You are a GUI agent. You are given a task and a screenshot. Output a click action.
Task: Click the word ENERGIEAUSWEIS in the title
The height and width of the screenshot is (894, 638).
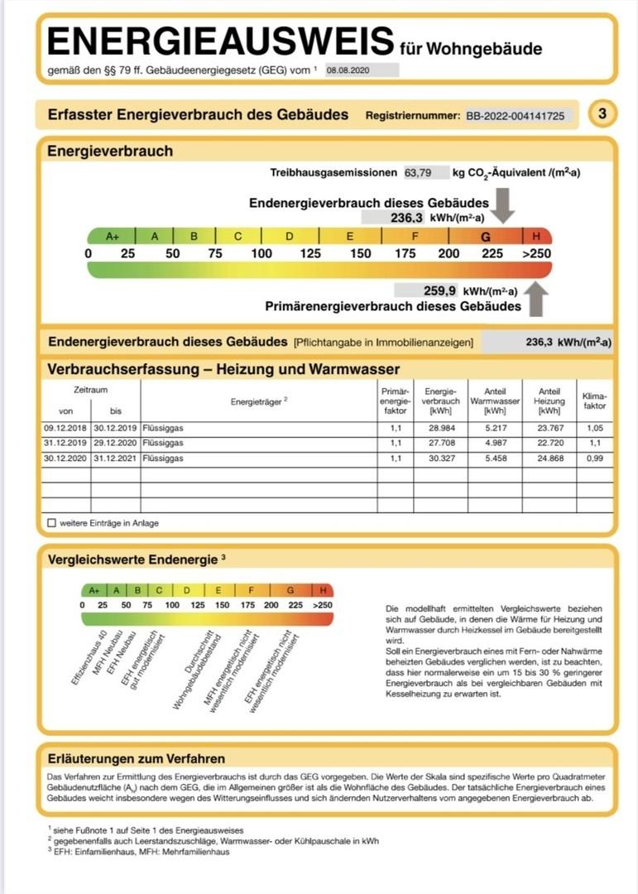pyautogui.click(x=220, y=41)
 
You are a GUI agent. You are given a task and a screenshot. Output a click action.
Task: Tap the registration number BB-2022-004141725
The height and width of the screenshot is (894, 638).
pyautogui.click(x=516, y=116)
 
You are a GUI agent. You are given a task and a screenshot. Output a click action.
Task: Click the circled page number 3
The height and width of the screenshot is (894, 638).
pyautogui.click(x=602, y=114)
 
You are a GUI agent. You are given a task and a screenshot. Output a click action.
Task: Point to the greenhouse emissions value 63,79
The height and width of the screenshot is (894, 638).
pyautogui.click(x=418, y=173)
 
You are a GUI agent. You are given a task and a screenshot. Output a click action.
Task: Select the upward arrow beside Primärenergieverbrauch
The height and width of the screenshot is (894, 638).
pyautogui.click(x=536, y=299)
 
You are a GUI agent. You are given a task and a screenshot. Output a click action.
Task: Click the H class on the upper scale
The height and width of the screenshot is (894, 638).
pyautogui.click(x=536, y=236)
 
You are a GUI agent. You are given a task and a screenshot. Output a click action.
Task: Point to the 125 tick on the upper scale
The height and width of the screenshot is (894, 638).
pyautogui.click(x=310, y=253)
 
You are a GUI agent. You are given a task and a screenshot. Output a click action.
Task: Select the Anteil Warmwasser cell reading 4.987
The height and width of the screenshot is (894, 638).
pyautogui.click(x=495, y=444)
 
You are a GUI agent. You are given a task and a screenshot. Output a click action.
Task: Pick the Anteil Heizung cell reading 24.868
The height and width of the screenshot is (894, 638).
pyautogui.click(x=549, y=459)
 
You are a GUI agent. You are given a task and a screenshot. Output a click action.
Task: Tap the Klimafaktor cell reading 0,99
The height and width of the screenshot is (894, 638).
pyautogui.click(x=594, y=459)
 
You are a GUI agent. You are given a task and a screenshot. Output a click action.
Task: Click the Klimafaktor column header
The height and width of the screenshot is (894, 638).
pyautogui.click(x=594, y=401)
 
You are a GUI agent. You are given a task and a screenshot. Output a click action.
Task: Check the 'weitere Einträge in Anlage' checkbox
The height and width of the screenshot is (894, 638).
pyautogui.click(x=52, y=523)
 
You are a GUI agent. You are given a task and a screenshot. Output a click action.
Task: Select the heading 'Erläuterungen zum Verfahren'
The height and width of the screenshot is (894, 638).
pyautogui.click(x=137, y=758)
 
